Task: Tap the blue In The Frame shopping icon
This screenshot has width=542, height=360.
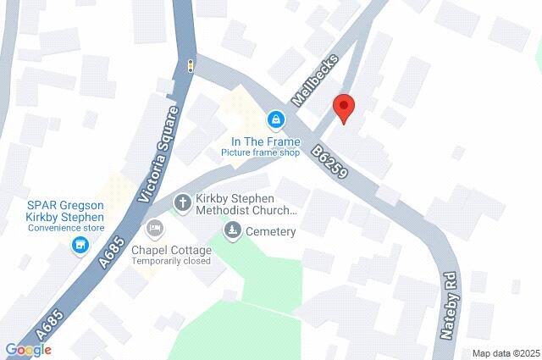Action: [275, 120]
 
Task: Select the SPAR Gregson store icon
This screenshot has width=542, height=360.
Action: [80, 246]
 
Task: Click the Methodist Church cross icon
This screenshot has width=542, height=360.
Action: [182, 203]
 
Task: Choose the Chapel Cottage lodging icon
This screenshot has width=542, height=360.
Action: [155, 228]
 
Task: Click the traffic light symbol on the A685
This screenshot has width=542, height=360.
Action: [191, 66]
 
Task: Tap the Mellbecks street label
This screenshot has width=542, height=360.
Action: [314, 80]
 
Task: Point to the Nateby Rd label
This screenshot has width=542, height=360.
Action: [449, 306]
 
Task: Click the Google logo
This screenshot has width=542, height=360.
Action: [28, 350]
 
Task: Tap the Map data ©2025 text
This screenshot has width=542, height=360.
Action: [506, 353]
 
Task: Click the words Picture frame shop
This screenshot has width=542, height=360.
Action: [261, 153]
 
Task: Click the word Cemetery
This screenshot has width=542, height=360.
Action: [271, 231]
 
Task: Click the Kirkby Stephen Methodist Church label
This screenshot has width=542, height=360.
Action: [246, 204]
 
